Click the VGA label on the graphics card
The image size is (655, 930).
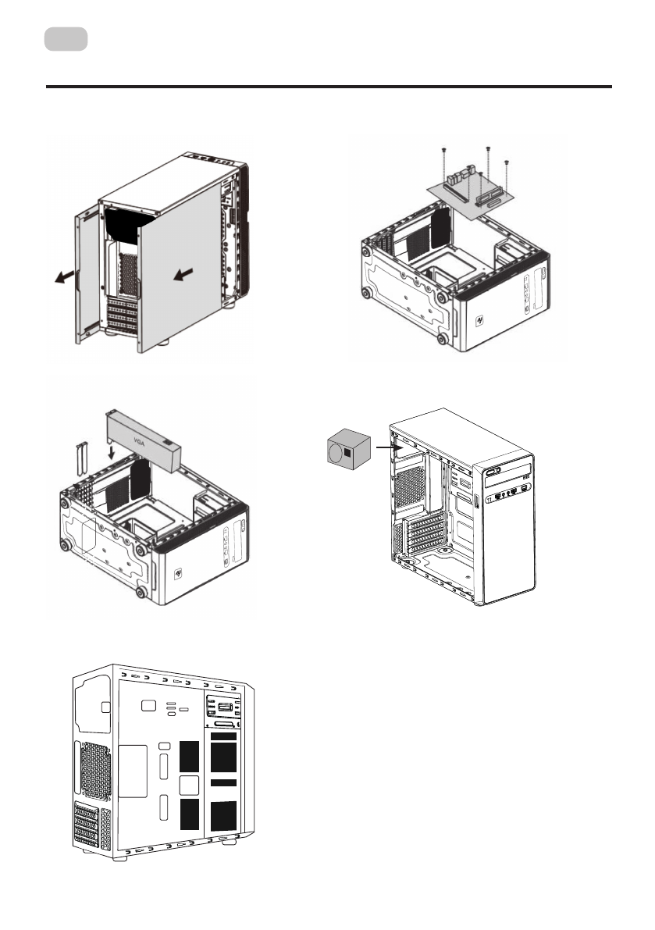tap(141, 439)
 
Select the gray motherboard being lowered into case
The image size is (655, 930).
tap(472, 195)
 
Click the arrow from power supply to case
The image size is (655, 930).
tap(383, 447)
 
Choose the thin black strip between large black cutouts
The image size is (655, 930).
tap(223, 782)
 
